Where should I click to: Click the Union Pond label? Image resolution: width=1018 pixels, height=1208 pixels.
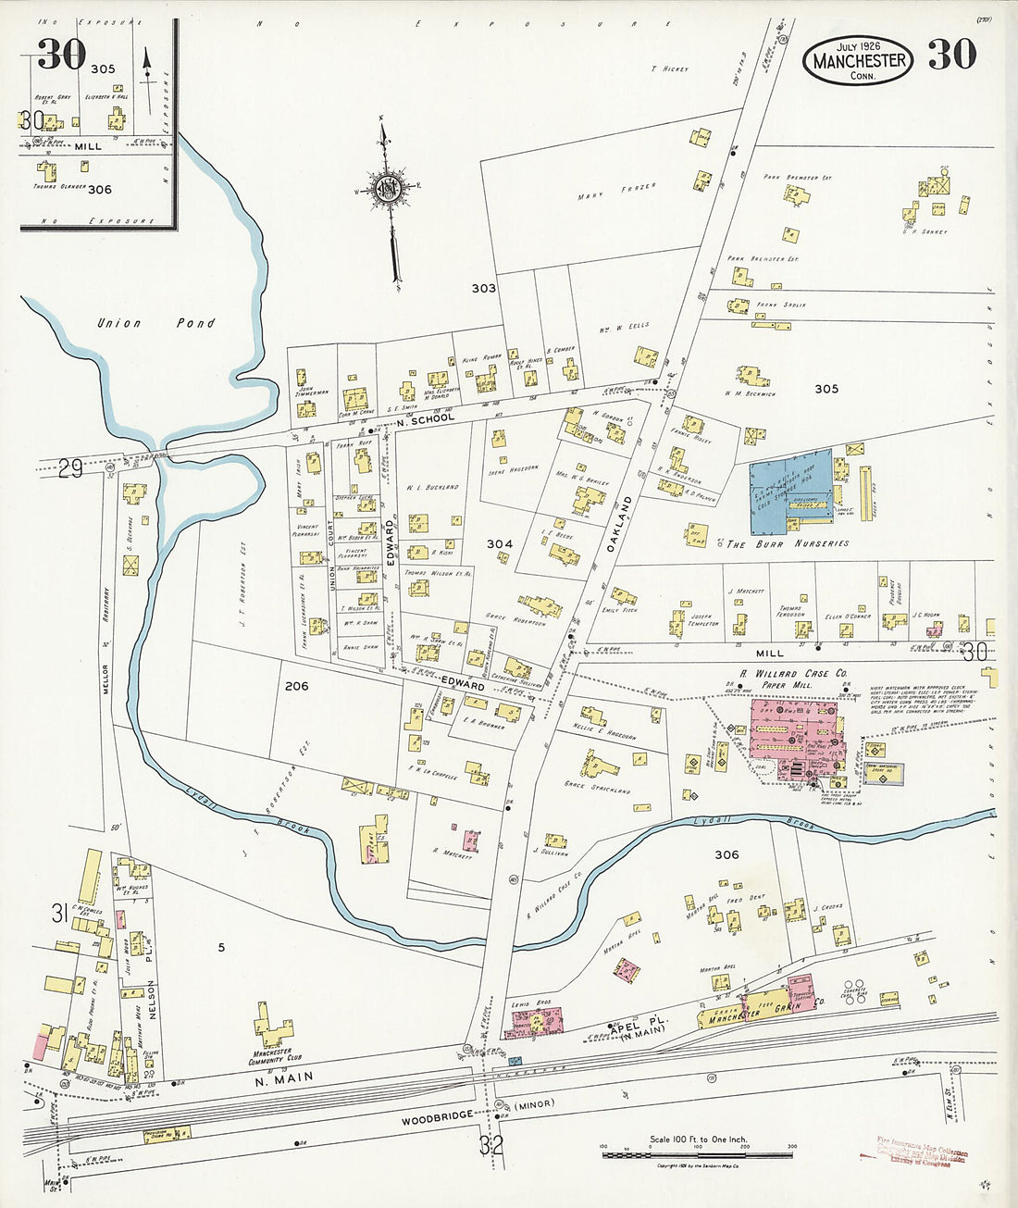156,323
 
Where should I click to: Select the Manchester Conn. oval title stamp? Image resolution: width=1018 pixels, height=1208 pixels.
858,60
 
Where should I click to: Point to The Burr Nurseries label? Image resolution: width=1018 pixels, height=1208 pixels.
788,544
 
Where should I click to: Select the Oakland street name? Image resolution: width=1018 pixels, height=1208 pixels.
618,525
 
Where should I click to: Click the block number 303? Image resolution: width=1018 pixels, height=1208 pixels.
483,288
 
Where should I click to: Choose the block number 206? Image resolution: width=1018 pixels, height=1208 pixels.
296,686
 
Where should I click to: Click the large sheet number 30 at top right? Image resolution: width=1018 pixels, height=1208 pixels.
951,56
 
